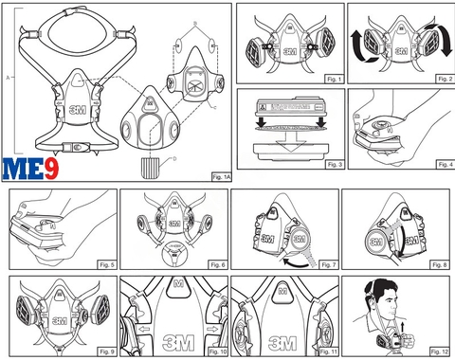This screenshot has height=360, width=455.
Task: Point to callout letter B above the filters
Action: pos(193,20)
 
